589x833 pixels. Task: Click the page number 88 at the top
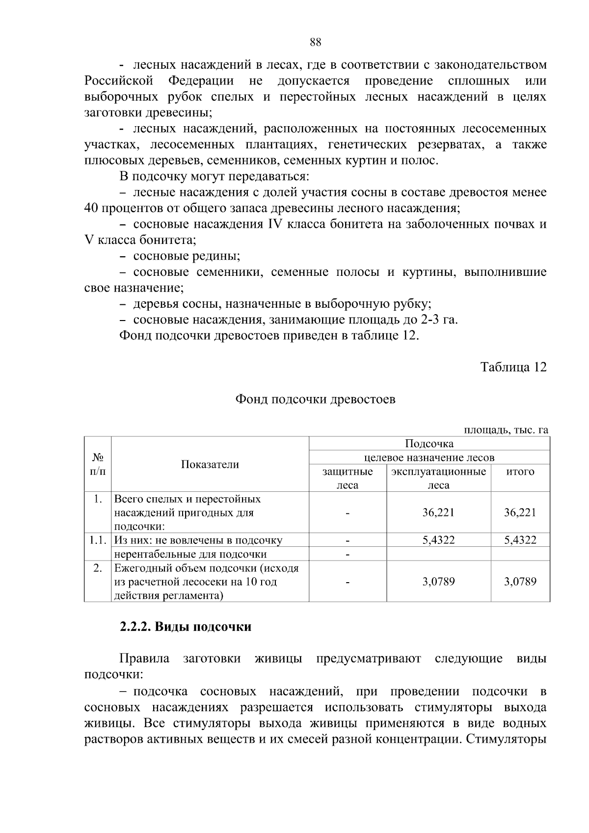(x=316, y=42)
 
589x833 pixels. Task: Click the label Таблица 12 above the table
(x=513, y=367)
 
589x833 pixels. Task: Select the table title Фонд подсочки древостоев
(x=316, y=399)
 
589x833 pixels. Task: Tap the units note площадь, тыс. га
(x=506, y=430)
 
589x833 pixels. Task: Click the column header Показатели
(x=210, y=464)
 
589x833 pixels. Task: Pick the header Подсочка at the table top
(x=429, y=444)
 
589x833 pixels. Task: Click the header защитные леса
(x=348, y=478)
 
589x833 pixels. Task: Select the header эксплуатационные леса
(x=438, y=478)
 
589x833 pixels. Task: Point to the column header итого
(x=520, y=472)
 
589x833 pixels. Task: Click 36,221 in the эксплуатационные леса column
(x=438, y=512)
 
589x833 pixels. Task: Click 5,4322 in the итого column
(x=520, y=540)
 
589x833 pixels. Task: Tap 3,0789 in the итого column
(x=520, y=582)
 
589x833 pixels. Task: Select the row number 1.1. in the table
(x=98, y=540)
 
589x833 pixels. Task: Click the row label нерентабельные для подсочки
(x=190, y=554)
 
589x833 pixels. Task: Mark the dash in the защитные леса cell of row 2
(x=348, y=582)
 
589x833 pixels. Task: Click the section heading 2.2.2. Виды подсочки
(x=186, y=627)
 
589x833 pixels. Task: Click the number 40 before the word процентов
(x=91, y=208)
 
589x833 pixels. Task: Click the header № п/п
(x=98, y=464)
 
